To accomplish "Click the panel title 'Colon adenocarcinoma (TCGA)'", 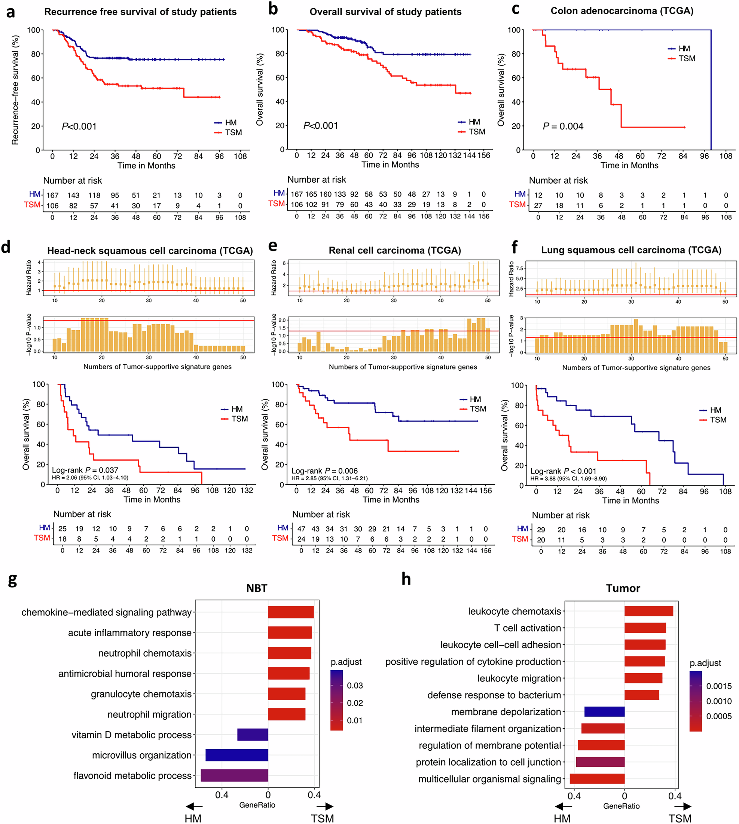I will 622,11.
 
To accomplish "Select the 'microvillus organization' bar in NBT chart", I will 237,755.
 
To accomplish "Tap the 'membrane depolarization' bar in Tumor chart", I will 604,711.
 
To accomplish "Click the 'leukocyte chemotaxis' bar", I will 648,611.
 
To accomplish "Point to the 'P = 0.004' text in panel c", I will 563,126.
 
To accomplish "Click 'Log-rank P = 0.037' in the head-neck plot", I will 85,470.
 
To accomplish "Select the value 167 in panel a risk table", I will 52,195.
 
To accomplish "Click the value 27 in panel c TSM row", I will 538,205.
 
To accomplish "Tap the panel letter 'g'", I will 12,580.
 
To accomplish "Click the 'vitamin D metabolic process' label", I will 132,735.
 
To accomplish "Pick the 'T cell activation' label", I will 527,628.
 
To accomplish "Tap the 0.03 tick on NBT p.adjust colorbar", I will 354,686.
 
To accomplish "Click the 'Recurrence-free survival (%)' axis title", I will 15,90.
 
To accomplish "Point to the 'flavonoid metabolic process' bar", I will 234,775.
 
